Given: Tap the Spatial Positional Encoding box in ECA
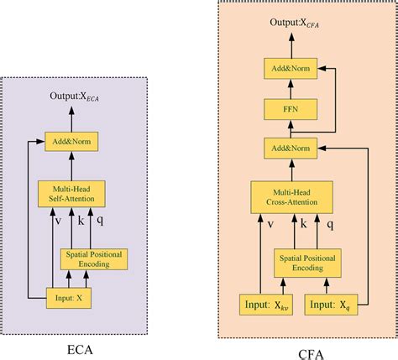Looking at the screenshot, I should [x=93, y=258].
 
